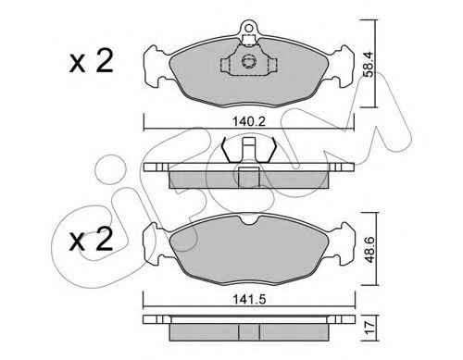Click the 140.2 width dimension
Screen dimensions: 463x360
[249, 121]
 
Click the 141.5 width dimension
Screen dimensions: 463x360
[249, 299]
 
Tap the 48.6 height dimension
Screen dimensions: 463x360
[369, 250]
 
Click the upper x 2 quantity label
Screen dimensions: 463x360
[92, 62]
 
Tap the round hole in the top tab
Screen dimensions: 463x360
[248, 28]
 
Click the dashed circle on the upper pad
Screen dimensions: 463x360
[248, 61]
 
